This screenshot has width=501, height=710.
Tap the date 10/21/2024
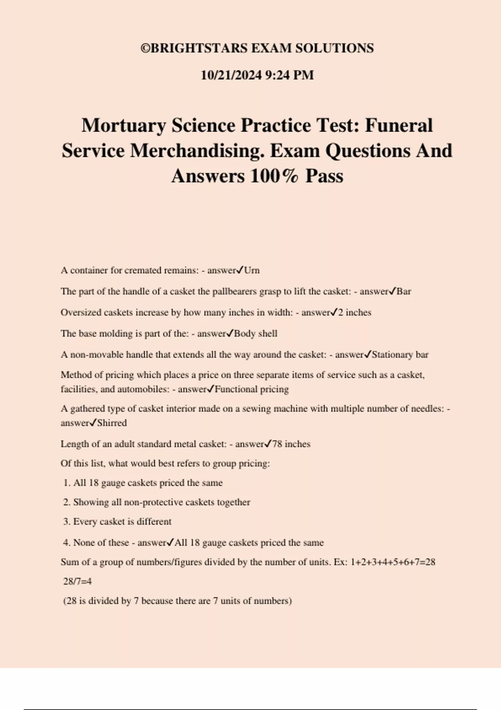coord(231,75)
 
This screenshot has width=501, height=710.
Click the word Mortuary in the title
coord(124,125)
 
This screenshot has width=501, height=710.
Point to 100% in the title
coord(274,176)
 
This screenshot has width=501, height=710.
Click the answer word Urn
coord(252,270)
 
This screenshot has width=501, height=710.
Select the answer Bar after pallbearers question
coord(404,292)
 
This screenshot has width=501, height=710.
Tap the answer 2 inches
coord(354,312)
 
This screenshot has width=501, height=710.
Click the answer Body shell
coord(256,333)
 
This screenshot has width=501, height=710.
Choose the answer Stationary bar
coord(400,355)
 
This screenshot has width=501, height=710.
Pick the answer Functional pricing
coord(251,389)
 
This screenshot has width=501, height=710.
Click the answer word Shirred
coord(112,423)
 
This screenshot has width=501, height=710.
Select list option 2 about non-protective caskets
coord(157,502)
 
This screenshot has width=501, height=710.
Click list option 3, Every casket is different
coord(117,522)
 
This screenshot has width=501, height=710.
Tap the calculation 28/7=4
coord(77,581)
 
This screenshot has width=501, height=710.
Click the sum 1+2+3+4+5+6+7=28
coord(392,562)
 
